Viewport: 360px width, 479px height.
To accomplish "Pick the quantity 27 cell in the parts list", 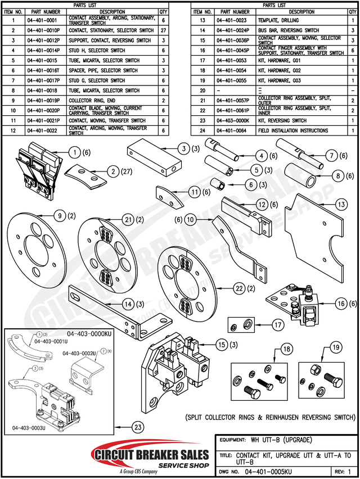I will [x=163, y=30].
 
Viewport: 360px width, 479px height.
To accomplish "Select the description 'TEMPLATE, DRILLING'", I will [x=280, y=20].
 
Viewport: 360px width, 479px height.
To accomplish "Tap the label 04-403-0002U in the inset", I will [x=80, y=353].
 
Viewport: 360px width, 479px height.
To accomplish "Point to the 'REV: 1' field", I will [x=343, y=471].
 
